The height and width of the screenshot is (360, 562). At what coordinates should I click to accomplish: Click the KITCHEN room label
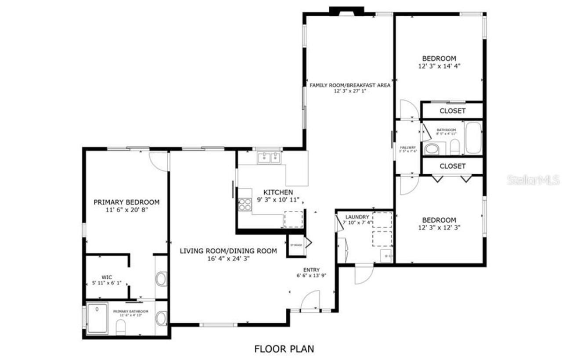[x=278, y=192]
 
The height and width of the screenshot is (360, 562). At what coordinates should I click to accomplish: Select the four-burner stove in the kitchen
[x=245, y=205]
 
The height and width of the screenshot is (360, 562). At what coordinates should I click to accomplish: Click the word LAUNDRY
[x=357, y=217]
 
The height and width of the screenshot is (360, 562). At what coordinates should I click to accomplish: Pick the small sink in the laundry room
[x=386, y=256]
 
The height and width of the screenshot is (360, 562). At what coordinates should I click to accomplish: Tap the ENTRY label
[x=311, y=270]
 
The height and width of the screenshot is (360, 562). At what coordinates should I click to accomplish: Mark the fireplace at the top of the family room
[x=347, y=11]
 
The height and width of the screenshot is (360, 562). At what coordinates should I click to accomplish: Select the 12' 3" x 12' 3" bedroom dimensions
[x=439, y=227]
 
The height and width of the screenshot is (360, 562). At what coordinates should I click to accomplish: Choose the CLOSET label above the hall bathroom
[x=452, y=111]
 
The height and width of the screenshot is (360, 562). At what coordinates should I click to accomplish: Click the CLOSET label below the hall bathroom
[x=452, y=166]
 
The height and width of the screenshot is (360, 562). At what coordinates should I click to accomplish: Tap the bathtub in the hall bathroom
[x=473, y=138]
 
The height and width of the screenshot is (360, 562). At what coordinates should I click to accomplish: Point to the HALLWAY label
[x=407, y=148]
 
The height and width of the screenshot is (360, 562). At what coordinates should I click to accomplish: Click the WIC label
[x=107, y=277]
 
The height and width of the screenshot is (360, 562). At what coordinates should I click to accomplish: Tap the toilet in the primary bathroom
[x=121, y=326]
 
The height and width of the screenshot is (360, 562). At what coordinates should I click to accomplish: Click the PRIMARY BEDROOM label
[x=126, y=202]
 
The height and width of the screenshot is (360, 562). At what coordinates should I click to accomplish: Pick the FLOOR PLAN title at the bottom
[x=284, y=349]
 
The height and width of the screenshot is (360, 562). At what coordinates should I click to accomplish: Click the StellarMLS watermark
[x=533, y=180]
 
